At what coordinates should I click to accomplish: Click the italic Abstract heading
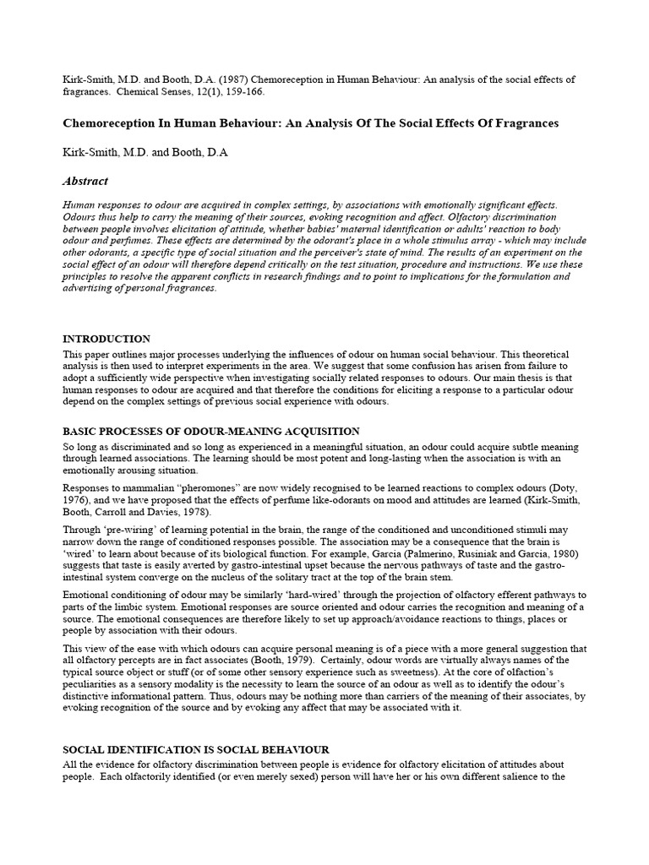pos(85,181)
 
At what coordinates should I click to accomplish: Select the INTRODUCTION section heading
pos(106,339)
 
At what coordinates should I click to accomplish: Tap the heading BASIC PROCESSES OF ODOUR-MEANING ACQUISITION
pos(211,432)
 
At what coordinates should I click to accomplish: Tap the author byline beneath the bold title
pos(145,153)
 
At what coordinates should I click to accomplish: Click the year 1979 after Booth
pos(256,648)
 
